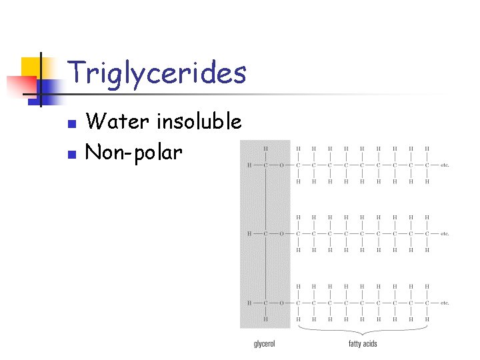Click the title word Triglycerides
click(157, 73)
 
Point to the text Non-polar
click(134, 153)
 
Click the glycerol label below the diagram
click(265, 344)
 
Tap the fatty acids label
click(363, 344)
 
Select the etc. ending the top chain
click(445, 165)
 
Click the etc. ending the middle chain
click(445, 233)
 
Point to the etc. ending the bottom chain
click(445, 303)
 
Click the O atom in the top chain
click(281, 165)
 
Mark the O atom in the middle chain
click(281, 233)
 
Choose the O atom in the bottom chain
click(281, 303)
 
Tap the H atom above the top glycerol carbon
click(265, 148)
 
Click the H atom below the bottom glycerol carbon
click(265, 319)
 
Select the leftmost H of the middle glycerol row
click(249, 233)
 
